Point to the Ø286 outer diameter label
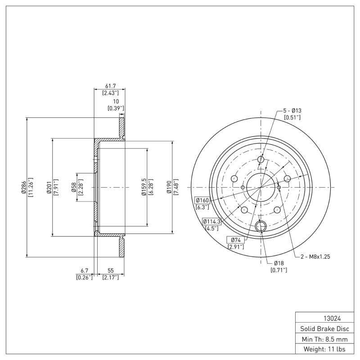coord(23,187)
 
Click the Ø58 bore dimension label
coord(73,187)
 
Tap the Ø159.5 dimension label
coord(144,187)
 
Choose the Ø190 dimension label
coord(169,187)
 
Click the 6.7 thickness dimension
coord(84,270)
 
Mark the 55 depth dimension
coord(110,270)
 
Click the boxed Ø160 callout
coord(203,200)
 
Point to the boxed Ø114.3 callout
coord(211,221)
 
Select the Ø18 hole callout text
coord(279,263)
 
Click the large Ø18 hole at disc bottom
coord(261,226)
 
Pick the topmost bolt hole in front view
coord(261,159)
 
